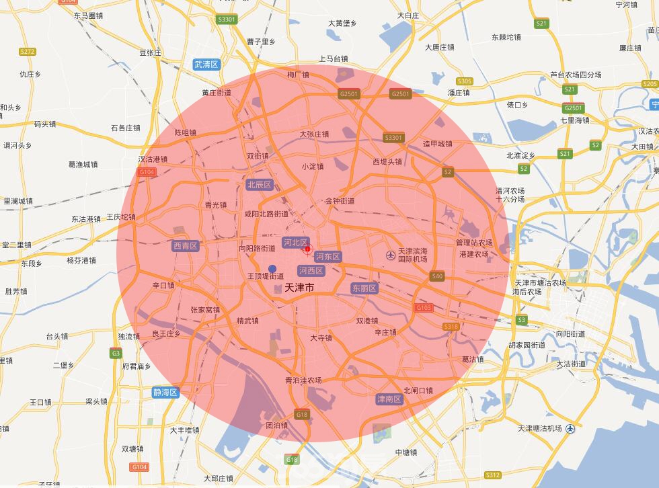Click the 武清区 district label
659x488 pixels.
[206, 65]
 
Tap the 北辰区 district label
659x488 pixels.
[259, 184]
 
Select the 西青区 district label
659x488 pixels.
[186, 246]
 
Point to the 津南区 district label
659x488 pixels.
[389, 399]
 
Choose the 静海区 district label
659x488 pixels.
[165, 393]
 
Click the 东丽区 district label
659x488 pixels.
[364, 288]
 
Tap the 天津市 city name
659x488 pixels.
[300, 288]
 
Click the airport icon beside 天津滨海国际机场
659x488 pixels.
[391, 255]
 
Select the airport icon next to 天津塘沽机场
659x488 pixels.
[571, 428]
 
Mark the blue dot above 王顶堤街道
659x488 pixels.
[272, 269]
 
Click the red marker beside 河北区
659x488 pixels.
[307, 250]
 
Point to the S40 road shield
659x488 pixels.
[438, 276]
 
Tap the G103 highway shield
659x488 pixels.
[424, 307]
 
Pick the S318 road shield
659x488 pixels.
[451, 327]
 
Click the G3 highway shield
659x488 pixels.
[116, 353]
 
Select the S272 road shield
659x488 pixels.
[28, 52]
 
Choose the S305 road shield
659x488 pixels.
[464, 81]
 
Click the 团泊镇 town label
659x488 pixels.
[276, 425]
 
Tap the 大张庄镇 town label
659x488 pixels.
[314, 134]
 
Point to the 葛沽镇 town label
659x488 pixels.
[473, 360]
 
